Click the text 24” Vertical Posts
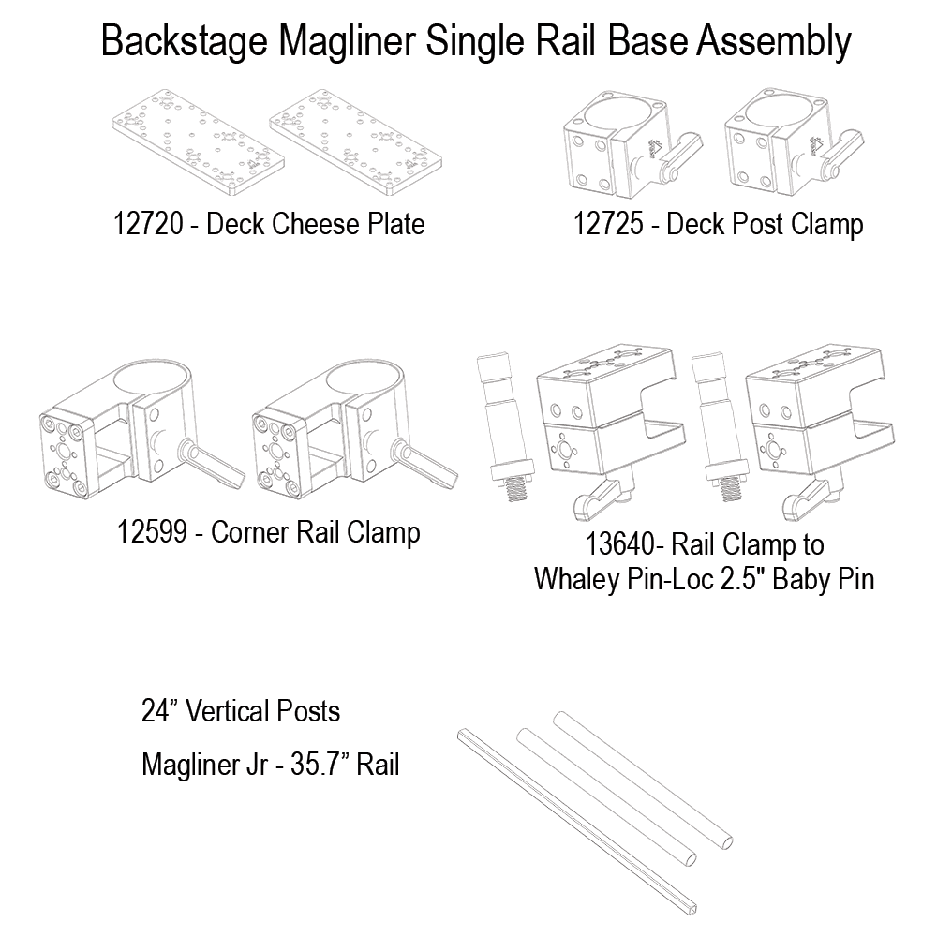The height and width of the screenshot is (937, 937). [x=240, y=711]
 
